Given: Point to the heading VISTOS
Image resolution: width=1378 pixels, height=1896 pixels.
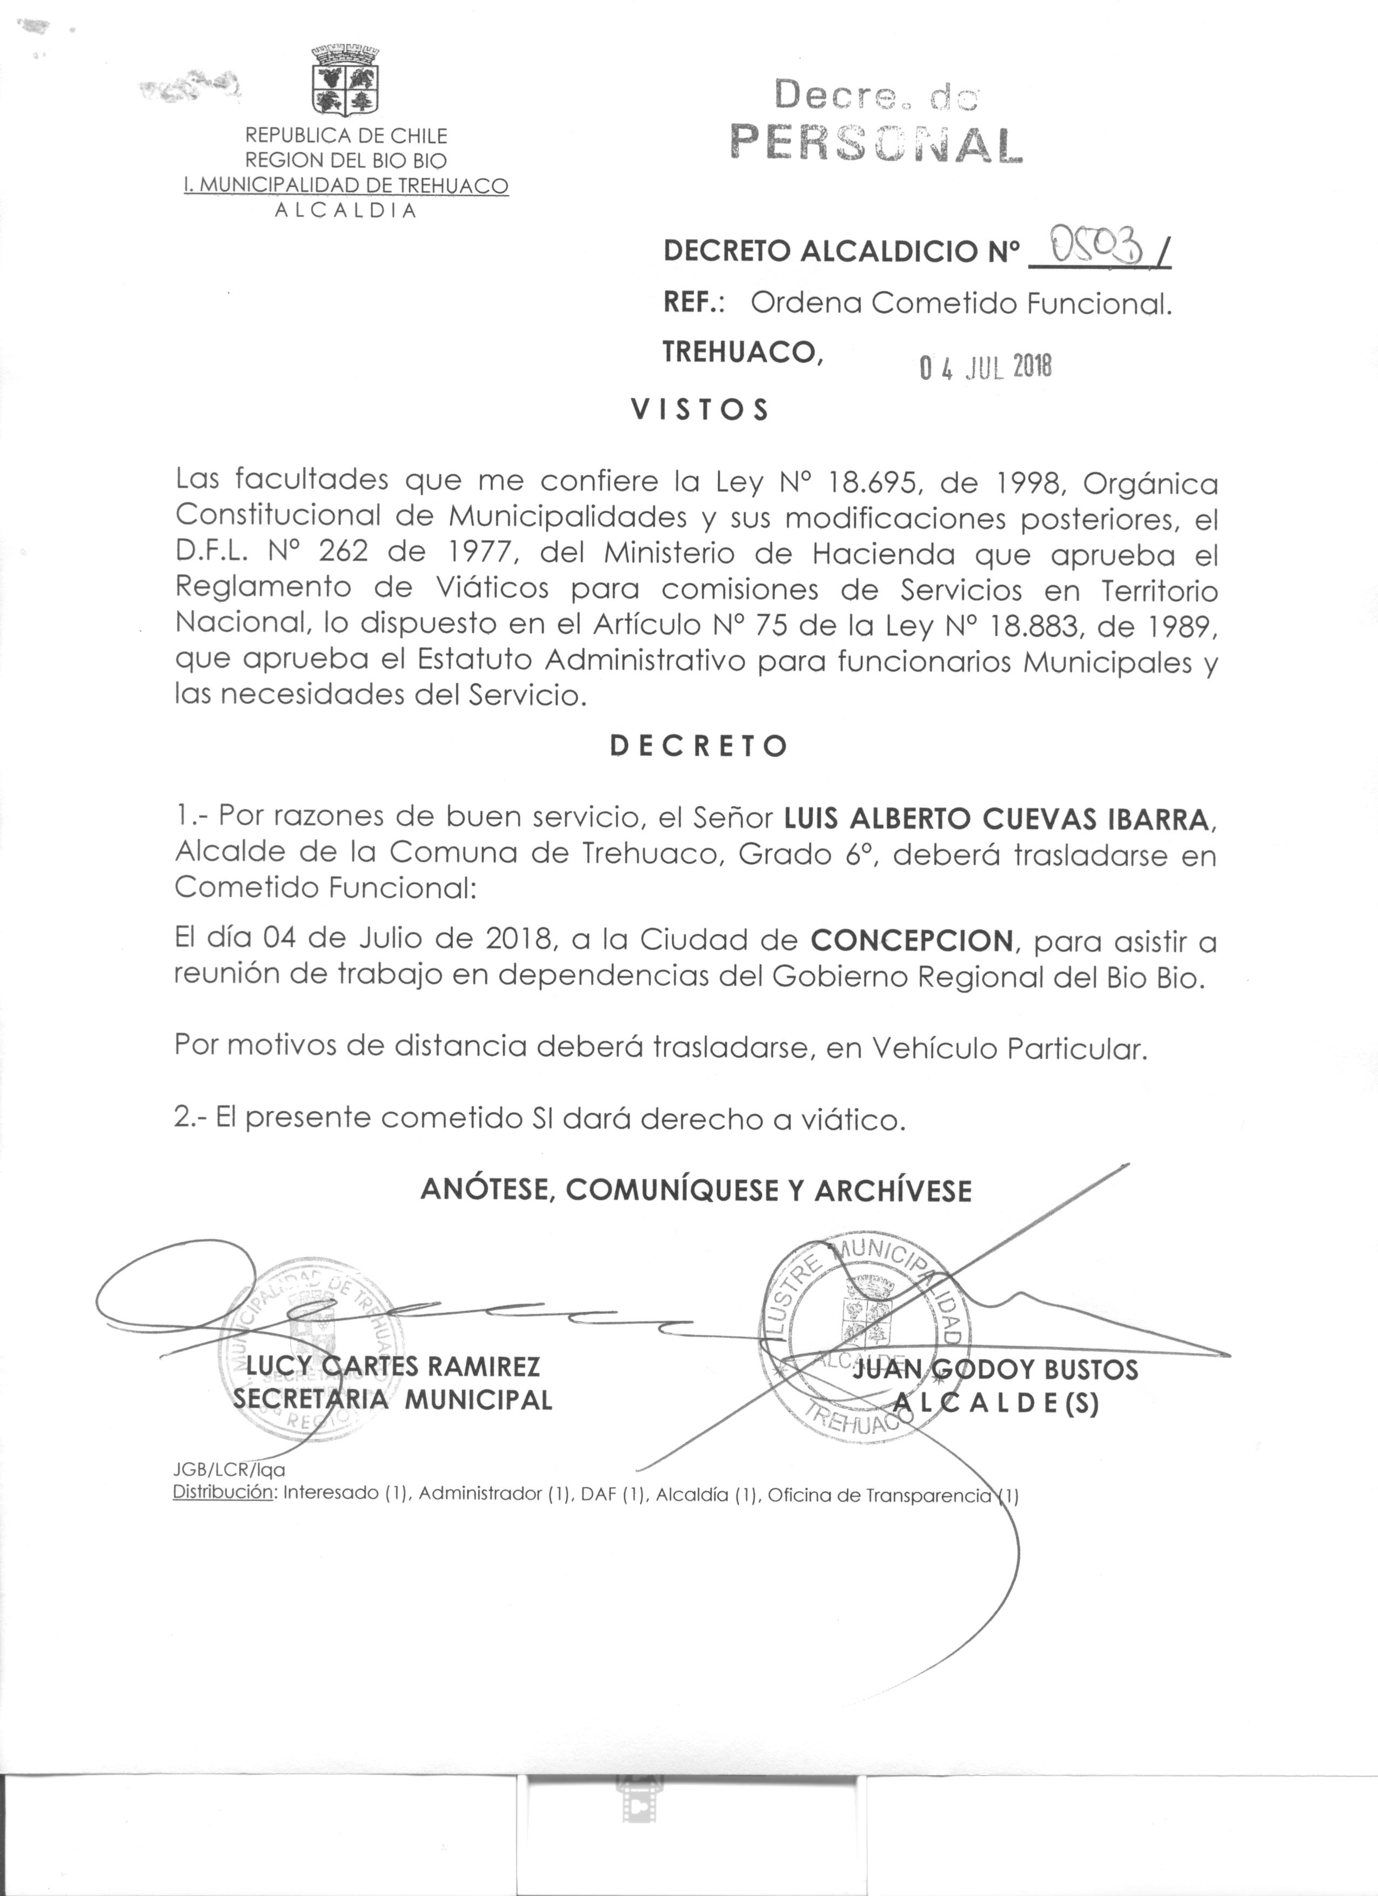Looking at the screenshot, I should [699, 411].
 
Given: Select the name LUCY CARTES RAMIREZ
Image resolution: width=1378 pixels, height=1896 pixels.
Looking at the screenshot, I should [393, 1366].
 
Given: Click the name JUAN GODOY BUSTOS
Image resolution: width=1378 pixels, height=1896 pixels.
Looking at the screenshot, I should [995, 1369].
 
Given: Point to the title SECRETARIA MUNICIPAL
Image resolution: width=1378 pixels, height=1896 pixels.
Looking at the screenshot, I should [393, 1400].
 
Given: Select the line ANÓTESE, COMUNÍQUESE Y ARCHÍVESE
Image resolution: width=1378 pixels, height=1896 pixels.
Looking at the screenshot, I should [695, 1191].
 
